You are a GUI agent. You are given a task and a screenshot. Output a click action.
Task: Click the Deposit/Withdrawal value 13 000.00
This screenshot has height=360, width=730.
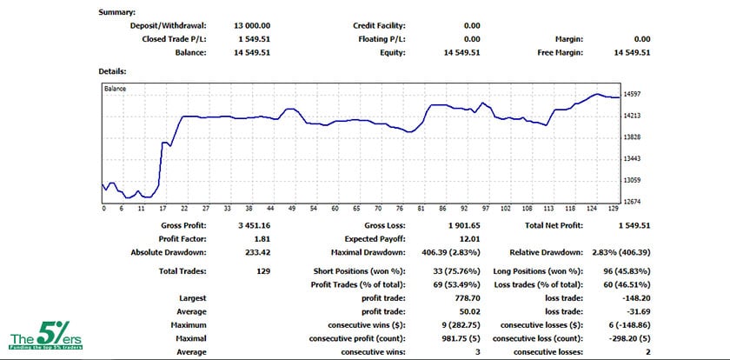point(253,26)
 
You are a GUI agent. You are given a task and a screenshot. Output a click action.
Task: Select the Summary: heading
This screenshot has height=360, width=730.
point(117,13)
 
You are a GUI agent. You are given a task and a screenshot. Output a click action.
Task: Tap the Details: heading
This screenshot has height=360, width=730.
point(114,70)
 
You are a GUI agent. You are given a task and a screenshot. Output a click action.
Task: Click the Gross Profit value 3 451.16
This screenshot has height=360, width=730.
point(253,225)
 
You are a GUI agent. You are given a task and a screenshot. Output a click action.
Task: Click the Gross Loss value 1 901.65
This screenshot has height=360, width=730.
point(460,225)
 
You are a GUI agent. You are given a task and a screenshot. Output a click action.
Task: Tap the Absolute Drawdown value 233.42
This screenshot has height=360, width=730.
point(257,252)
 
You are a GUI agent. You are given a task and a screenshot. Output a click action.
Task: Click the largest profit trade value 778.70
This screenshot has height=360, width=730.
point(464,297)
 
